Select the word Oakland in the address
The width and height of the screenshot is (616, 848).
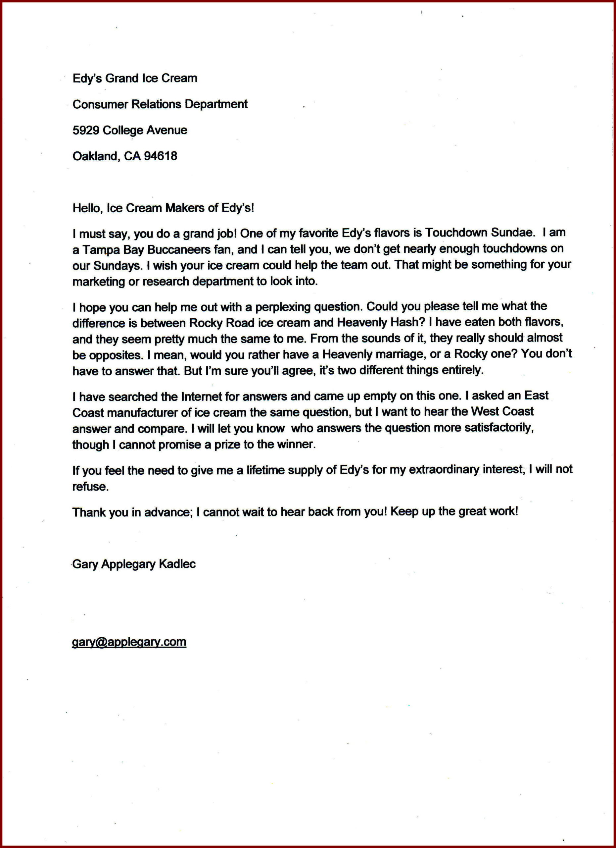click(95, 156)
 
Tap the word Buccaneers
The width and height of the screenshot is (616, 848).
click(179, 249)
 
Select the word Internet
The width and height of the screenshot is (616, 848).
click(202, 396)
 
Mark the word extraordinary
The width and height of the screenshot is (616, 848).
click(444, 470)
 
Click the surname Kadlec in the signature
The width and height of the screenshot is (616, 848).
click(177, 564)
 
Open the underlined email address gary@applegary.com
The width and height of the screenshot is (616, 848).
click(129, 642)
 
